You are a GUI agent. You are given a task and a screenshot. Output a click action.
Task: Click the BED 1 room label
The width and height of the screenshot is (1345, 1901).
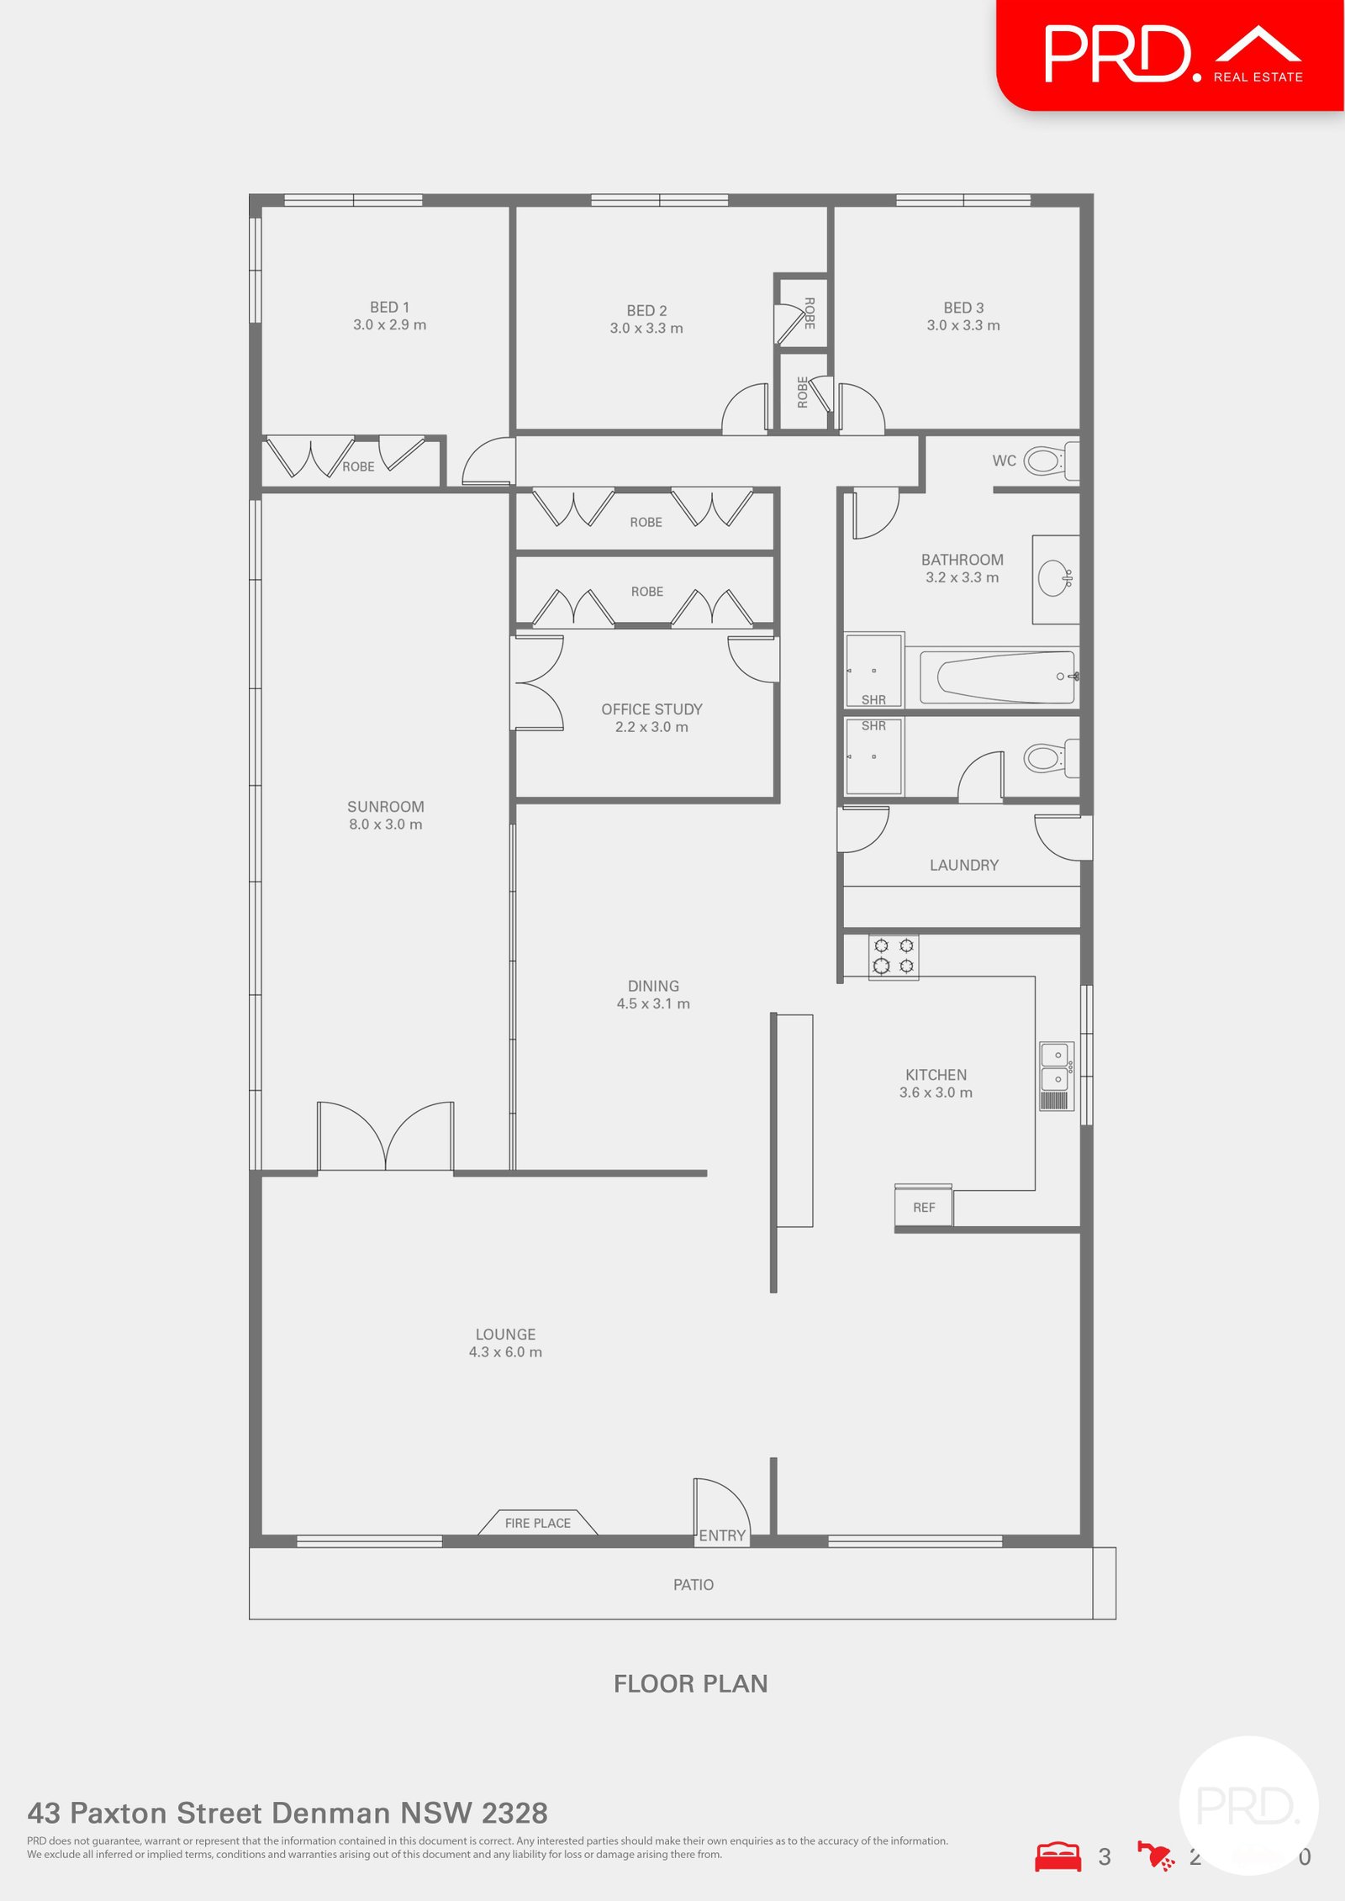(389, 308)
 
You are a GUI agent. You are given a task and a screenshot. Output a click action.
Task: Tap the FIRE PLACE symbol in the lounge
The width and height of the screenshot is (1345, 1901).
(538, 1523)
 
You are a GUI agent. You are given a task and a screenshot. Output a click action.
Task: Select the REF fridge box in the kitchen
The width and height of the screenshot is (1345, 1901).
(924, 1207)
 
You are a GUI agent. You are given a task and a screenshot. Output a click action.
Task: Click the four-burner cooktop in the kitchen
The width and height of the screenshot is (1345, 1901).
(894, 956)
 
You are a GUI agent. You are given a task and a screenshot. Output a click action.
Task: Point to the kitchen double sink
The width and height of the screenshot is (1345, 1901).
(1057, 1076)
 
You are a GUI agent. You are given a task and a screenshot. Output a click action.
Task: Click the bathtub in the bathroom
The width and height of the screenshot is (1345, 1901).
(1005, 677)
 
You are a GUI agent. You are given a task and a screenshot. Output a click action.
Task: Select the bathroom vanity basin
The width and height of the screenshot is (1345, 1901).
(1054, 578)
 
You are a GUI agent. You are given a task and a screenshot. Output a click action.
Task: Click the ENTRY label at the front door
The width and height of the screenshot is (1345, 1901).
(722, 1535)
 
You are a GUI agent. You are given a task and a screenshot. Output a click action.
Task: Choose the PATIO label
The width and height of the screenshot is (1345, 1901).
(694, 1584)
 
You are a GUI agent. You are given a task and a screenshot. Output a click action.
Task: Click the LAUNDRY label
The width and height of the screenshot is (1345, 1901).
(964, 865)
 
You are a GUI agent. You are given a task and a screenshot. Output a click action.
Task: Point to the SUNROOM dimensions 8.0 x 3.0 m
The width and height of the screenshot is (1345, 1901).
(386, 824)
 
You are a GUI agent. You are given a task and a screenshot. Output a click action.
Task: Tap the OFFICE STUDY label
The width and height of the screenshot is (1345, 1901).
(651, 709)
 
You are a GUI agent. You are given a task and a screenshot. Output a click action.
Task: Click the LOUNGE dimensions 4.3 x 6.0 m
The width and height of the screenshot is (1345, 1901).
(505, 1352)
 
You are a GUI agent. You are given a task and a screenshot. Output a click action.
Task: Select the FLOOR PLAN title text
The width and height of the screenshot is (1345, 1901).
(690, 1683)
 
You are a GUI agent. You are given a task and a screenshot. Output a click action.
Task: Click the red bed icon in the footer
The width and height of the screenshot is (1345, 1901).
(1058, 1856)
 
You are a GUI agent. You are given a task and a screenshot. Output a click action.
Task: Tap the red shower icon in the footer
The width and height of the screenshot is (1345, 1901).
(1156, 1856)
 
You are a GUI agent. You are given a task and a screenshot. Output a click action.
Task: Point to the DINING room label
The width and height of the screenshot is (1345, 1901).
(653, 986)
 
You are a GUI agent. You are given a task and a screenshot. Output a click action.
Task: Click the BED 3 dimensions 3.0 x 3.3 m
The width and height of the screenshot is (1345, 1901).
(963, 325)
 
